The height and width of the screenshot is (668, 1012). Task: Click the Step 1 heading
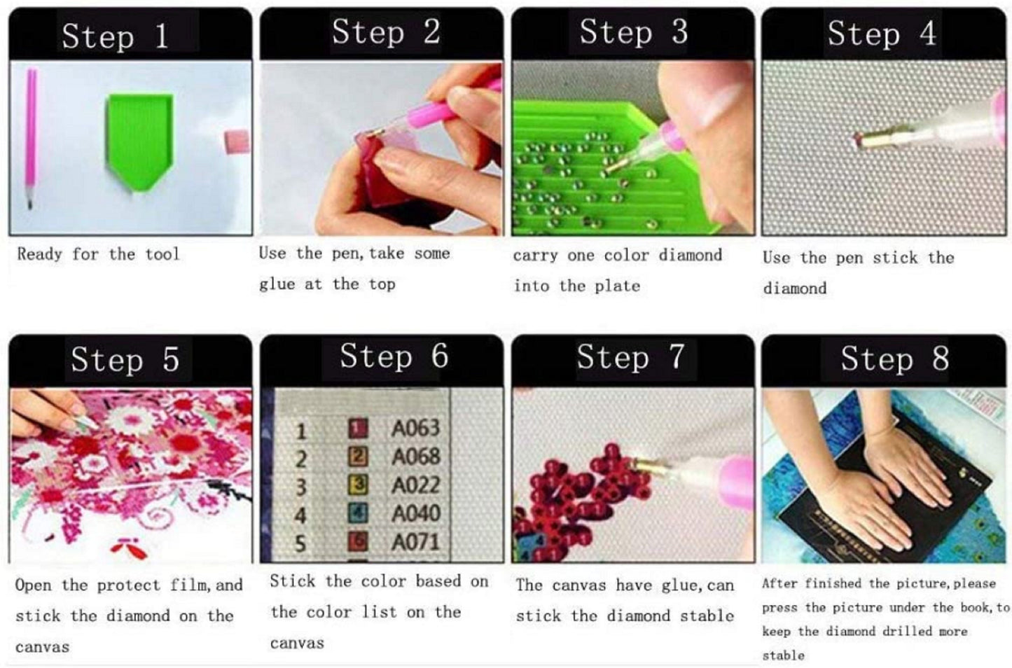tap(115, 36)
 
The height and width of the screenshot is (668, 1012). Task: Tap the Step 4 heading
tap(882, 34)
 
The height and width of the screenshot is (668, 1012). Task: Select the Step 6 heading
tap(394, 356)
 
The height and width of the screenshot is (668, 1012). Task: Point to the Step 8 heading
tap(894, 359)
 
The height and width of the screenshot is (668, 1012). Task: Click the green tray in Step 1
tap(139, 141)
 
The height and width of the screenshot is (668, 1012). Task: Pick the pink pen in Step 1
tap(32, 138)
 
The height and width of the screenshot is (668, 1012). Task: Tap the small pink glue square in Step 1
tap(237, 141)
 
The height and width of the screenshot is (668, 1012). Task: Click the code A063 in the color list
tap(415, 428)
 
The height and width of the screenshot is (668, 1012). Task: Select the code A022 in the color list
tap(415, 485)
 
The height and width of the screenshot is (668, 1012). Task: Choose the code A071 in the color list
tap(415, 542)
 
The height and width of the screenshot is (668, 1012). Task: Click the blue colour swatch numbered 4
tap(357, 514)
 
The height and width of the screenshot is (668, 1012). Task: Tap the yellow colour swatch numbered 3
tap(357, 485)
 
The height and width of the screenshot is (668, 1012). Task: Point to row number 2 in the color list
tap(301, 459)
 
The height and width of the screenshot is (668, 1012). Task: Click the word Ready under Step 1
tap(39, 254)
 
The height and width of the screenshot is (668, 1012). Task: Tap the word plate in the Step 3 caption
tap(617, 286)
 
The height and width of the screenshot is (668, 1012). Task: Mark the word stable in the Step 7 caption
tap(707, 616)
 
